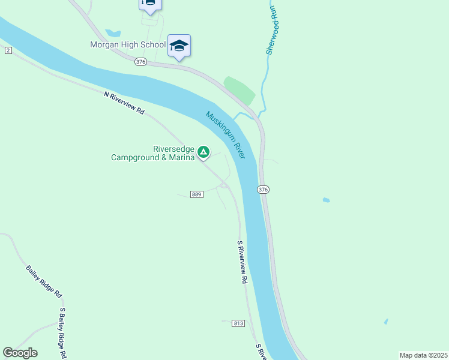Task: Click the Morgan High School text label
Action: coord(128,44)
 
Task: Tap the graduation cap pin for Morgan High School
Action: coord(179,46)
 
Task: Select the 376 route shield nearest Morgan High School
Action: coord(140,62)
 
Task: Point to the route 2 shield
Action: coord(7,50)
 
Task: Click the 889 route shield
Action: coord(197,194)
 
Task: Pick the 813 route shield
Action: coord(238,323)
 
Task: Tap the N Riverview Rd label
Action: coord(125,103)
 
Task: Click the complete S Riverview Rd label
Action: coord(242,262)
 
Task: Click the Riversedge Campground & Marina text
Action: coord(154,154)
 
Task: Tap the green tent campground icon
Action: coord(203,152)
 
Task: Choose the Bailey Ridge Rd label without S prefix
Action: coord(44,281)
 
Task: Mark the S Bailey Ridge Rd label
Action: coord(62,333)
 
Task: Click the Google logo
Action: coord(20,353)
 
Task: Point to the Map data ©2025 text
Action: coord(423,355)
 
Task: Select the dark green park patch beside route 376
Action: coord(240,90)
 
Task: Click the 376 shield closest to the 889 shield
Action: coord(263,190)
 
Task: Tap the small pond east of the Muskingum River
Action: coord(326,200)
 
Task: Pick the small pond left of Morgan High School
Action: coord(112,33)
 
